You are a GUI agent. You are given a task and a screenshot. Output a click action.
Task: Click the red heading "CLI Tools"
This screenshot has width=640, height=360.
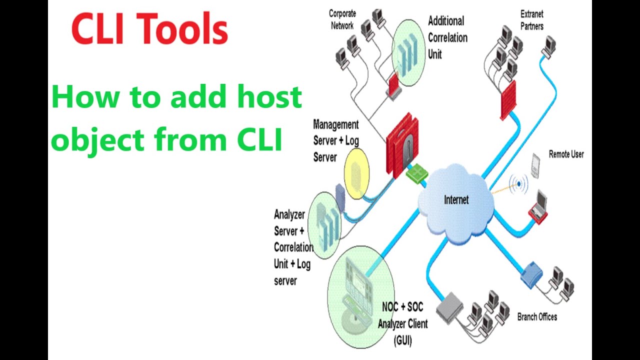pos(149,29)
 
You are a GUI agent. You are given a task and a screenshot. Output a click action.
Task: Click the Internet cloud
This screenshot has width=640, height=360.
pos(456,200)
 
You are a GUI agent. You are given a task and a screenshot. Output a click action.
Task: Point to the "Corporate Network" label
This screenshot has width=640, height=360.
pos(342,19)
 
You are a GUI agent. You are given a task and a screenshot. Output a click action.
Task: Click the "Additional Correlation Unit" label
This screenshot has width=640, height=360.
pos(447,37)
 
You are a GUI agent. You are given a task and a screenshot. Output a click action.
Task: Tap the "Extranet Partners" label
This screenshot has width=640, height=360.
pos(531,20)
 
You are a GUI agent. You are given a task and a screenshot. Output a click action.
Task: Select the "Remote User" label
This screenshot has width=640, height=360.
pos(566,154)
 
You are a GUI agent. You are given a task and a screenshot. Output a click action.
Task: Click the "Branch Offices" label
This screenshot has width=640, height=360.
pos(537,317)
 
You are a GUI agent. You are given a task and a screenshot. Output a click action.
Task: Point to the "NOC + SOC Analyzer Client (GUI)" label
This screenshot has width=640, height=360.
pos(402,323)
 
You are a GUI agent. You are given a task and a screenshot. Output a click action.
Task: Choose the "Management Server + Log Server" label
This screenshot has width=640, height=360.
pos(335,140)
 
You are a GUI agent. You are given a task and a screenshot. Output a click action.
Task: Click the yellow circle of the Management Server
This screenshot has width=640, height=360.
pos(356,173)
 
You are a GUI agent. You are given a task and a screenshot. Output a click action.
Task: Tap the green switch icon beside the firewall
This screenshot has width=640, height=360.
pos(416,173)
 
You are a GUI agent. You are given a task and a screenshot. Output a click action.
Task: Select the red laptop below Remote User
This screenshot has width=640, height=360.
pos(539,207)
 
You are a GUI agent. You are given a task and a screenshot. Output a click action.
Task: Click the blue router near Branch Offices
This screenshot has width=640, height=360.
pos(531,274)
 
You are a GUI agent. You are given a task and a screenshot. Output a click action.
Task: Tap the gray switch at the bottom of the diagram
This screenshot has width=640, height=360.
pos(450,306)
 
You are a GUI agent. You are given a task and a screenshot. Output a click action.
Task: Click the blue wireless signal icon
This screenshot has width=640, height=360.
pos(519,184)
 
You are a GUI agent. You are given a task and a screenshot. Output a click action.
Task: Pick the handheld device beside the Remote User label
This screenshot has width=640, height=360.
pos(535,165)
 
